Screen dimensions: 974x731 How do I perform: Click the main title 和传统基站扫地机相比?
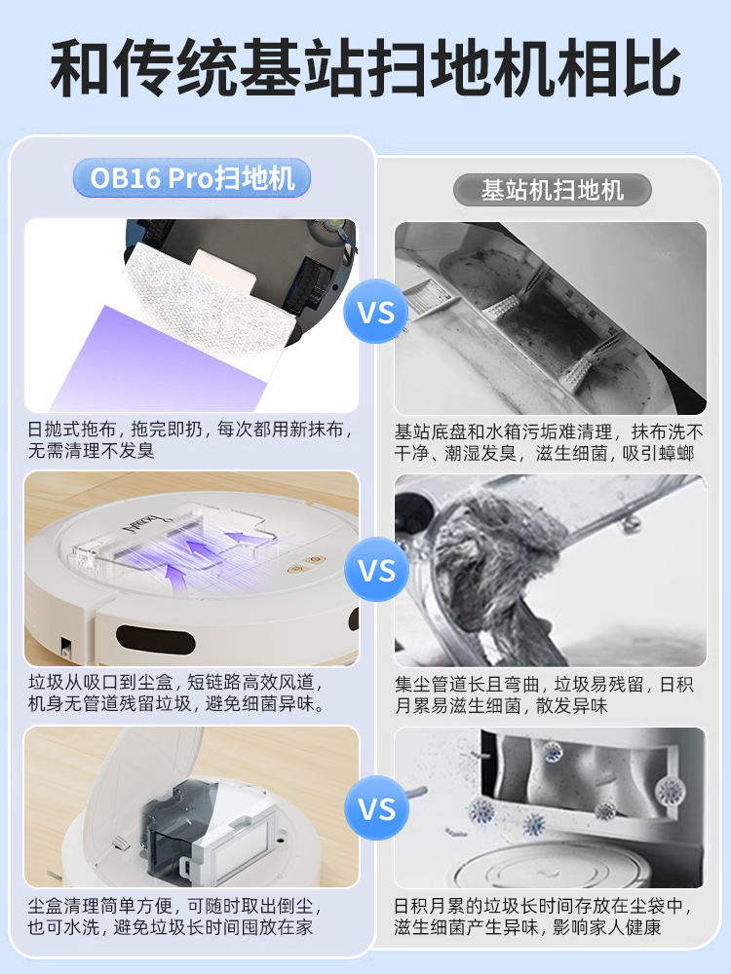[x=365, y=69]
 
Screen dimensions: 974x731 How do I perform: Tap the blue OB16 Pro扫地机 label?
[x=192, y=178]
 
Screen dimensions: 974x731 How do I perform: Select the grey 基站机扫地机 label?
[x=552, y=189]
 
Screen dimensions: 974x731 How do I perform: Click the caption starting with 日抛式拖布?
[x=191, y=440]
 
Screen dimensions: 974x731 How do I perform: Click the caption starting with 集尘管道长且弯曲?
[x=549, y=695]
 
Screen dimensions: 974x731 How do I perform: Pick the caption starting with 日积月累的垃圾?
[x=549, y=917]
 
